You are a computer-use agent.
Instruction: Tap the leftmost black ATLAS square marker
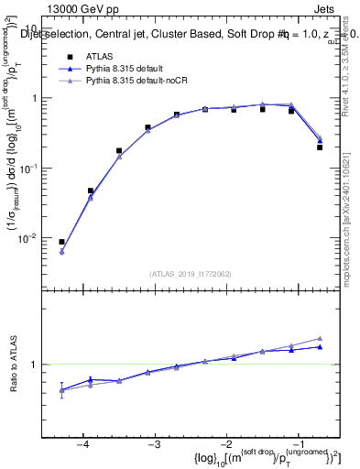(x=61, y=242)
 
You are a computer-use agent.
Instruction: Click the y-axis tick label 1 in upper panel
(x=39, y=98)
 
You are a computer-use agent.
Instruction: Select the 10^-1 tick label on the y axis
(x=35, y=168)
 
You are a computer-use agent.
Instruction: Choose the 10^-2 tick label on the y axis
(x=35, y=238)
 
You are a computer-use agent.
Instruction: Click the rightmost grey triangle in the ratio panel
(x=320, y=338)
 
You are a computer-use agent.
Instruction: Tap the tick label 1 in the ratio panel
(x=39, y=365)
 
